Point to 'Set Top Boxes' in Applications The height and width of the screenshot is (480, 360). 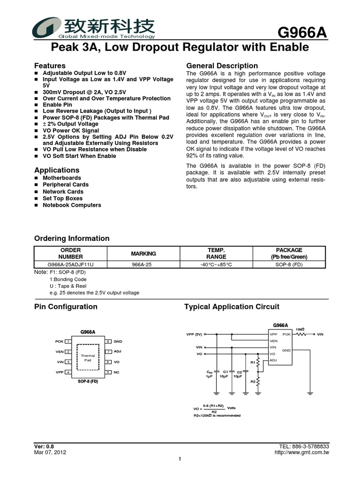62,198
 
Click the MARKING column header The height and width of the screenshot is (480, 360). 143,254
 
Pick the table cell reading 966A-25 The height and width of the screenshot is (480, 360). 143,264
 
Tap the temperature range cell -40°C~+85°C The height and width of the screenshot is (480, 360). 216,264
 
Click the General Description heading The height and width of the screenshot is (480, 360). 222,66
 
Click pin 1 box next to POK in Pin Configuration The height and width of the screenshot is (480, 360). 68,342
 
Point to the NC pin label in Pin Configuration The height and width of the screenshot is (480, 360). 117,372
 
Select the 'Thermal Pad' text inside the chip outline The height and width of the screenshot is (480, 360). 88,358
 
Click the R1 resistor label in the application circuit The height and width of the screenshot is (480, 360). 253,362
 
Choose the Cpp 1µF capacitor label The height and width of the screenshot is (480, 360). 210,374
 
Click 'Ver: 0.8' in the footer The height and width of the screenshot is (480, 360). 45,446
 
